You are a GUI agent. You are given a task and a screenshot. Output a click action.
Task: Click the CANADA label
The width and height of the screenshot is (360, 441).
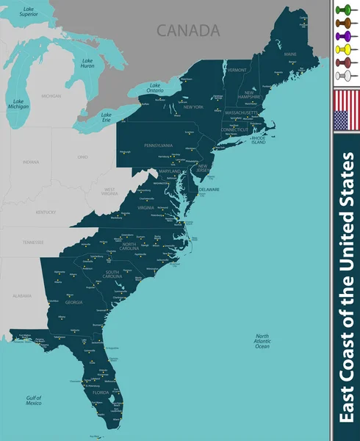click(x=188, y=30)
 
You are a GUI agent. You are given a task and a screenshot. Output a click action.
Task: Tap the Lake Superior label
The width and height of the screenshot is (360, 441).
click(x=28, y=12)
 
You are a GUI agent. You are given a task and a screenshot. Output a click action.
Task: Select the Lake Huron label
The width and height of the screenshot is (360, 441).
click(x=87, y=63)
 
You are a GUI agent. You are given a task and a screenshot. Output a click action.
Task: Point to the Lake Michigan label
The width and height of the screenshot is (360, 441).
click(x=18, y=104)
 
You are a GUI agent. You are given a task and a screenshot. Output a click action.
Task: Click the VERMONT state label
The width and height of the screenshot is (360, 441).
click(x=237, y=70)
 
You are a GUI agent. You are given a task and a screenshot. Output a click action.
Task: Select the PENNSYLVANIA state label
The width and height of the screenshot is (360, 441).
click(x=157, y=146)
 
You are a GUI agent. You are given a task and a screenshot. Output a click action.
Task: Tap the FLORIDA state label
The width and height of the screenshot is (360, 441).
click(x=101, y=392)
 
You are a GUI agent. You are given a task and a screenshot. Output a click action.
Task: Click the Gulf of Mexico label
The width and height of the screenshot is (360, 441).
click(x=33, y=401)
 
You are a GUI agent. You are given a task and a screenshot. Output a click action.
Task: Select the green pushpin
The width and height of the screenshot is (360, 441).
click(x=344, y=10)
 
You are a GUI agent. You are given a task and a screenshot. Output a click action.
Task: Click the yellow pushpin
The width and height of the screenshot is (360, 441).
click(x=344, y=49)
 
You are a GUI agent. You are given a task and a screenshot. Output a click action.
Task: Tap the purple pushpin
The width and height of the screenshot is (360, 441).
click(x=344, y=36)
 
